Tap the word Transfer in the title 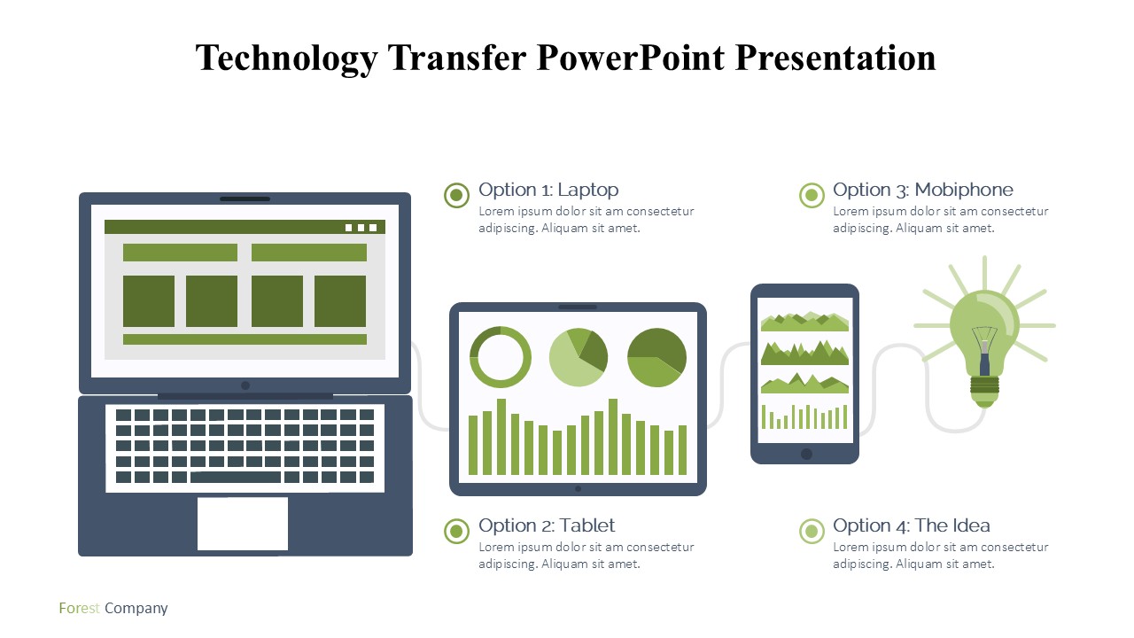click(457, 58)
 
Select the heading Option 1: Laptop click(548, 190)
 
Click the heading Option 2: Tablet click(547, 525)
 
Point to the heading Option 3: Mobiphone click(923, 190)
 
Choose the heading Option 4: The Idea click(912, 525)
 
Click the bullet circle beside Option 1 click(456, 195)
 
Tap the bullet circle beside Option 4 click(812, 531)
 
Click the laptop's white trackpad click(243, 523)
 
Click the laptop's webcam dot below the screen click(245, 385)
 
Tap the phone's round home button click(806, 454)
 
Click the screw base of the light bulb click(984, 392)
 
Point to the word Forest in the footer click(79, 608)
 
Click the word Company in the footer click(136, 609)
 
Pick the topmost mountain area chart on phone click(804, 322)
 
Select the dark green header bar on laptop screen click(245, 227)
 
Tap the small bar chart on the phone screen click(804, 416)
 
